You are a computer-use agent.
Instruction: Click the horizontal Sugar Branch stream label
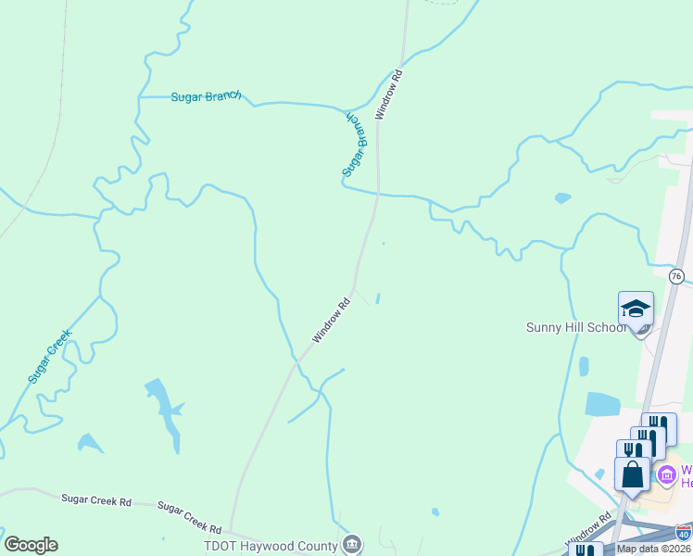[206, 96]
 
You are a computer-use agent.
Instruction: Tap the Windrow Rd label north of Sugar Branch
[389, 95]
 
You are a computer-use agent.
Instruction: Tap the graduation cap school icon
[636, 309]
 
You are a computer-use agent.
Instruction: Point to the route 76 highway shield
[676, 276]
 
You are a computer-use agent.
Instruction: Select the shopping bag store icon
[632, 474]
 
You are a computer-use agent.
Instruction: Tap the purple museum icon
[666, 475]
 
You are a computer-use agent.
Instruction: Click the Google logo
[31, 545]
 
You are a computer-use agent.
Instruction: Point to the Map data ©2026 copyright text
[654, 549]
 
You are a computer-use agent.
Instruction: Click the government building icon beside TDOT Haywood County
[352, 545]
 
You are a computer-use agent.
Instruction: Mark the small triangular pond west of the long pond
[89, 444]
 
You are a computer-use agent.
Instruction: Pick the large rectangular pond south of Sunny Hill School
[603, 405]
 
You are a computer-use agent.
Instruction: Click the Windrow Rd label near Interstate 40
[592, 529]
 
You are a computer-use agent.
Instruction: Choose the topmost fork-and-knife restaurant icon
[659, 429]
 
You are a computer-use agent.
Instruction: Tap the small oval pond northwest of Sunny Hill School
[562, 197]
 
